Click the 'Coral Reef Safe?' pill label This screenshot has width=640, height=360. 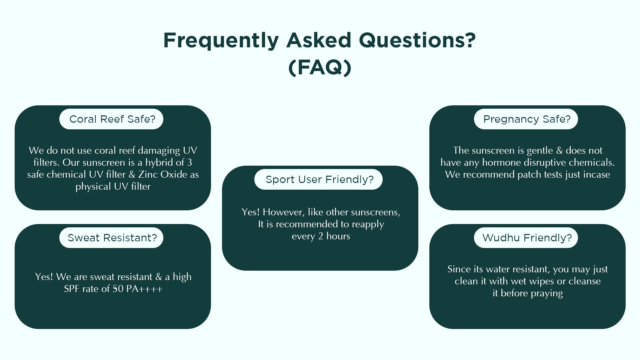pos(111,119)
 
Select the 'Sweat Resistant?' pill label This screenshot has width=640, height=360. pos(111,238)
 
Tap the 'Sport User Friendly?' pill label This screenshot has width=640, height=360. pos(318,179)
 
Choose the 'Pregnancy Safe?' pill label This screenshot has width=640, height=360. pos(526,119)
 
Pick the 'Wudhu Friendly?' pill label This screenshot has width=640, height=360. pos(526,238)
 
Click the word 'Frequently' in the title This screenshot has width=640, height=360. pos(221,41)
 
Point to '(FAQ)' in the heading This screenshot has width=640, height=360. pos(320,68)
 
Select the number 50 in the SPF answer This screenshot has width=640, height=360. pos(118,289)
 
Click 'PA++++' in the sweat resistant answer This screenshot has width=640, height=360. pos(144,289)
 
